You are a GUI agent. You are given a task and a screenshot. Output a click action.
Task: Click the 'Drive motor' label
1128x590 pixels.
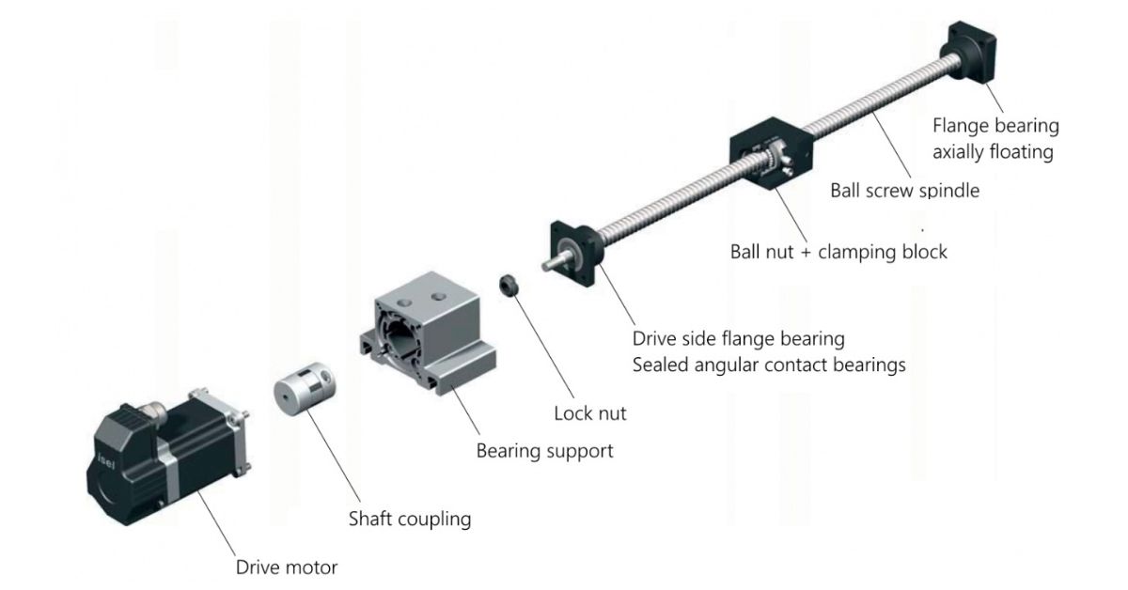click(x=286, y=567)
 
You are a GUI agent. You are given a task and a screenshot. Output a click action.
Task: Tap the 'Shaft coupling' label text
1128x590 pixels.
click(x=409, y=519)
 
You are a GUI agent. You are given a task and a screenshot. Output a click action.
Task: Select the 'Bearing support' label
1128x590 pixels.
click(x=544, y=451)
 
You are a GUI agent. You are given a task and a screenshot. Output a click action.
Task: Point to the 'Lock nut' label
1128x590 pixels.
click(x=589, y=412)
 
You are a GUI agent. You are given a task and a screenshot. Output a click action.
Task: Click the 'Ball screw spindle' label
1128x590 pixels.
click(x=904, y=191)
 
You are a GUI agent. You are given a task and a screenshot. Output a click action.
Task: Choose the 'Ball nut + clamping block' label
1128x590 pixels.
click(x=838, y=252)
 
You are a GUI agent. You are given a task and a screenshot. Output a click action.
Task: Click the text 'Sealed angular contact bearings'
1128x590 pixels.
click(x=768, y=365)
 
